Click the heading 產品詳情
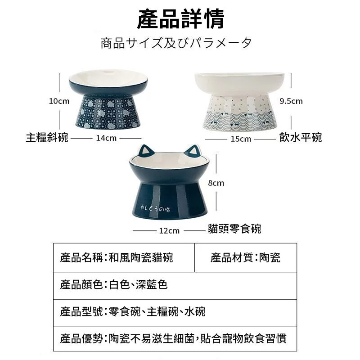(180, 19)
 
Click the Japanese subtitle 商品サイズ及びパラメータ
(176, 43)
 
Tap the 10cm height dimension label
(59, 101)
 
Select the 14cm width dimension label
(106, 138)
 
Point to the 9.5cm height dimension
(291, 101)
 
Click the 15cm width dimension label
(241, 139)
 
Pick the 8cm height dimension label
(216, 183)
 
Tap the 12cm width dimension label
(170, 230)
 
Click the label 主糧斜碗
(47, 138)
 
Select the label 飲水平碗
(301, 137)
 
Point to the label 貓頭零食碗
(234, 229)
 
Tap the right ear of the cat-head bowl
(193, 152)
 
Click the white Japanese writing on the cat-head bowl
(155, 208)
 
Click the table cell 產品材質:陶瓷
(245, 257)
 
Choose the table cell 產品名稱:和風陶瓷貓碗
(124, 257)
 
